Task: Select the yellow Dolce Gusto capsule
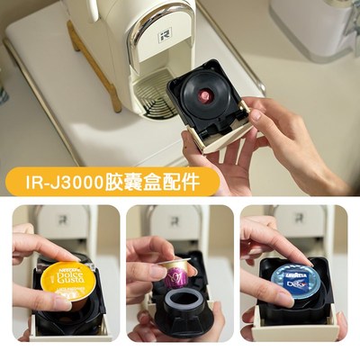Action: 67,278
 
